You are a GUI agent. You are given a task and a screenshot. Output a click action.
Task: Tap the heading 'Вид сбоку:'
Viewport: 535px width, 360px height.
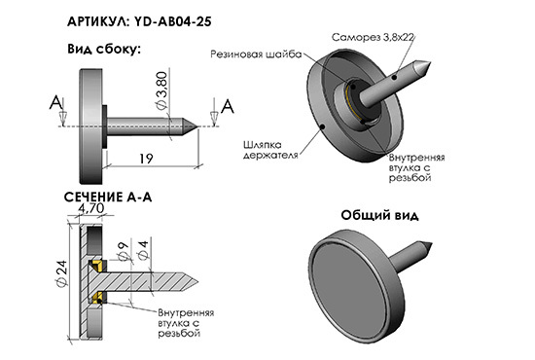pyautogui.click(x=104, y=50)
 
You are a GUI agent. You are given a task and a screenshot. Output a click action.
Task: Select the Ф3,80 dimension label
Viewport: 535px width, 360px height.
pyautogui.click(x=161, y=90)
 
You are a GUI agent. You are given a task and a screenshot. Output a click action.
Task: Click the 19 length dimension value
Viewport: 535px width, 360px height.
pyautogui.click(x=146, y=159)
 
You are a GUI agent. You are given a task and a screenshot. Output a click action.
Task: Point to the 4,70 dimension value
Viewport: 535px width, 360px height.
pyautogui.click(x=91, y=208)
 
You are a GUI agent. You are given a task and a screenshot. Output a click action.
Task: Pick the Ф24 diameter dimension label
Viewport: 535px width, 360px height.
pyautogui.click(x=62, y=273)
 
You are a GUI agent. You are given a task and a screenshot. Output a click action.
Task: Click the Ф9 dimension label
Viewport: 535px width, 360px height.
pyautogui.click(x=124, y=251)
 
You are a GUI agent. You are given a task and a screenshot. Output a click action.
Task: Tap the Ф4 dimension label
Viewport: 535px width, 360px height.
pyautogui.click(x=143, y=250)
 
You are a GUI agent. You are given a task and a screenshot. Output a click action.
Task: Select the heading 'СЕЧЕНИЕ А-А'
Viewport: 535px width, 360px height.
pyautogui.click(x=108, y=198)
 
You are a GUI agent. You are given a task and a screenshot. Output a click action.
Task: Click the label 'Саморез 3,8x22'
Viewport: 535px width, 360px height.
pyautogui.click(x=373, y=37)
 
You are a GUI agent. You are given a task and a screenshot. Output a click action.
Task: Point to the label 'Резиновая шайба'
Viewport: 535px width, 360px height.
pyautogui.click(x=256, y=54)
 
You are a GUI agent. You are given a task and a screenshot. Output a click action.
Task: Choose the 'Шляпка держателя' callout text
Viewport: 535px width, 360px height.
pyautogui.click(x=270, y=150)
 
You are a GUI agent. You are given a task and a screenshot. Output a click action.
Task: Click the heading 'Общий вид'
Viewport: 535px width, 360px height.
pyautogui.click(x=379, y=215)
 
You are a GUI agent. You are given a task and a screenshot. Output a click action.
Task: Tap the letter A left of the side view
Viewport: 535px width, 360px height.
pyautogui.click(x=56, y=102)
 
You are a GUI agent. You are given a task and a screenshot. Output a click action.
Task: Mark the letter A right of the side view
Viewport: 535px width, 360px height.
pyautogui.click(x=228, y=106)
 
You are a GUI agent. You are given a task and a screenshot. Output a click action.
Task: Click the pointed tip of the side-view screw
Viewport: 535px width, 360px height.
pyautogui.click(x=197, y=126)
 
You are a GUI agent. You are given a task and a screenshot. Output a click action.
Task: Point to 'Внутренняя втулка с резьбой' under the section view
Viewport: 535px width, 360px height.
pyautogui.click(x=186, y=323)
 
